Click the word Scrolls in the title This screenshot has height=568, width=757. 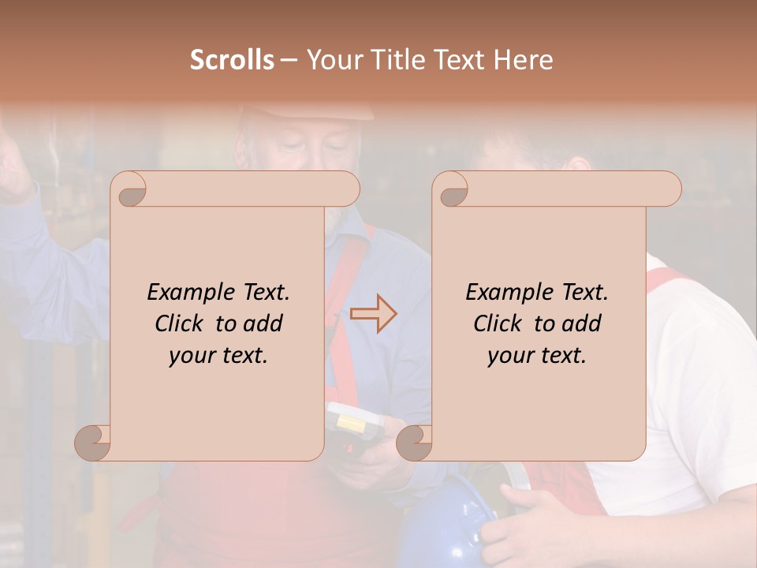pos(232,60)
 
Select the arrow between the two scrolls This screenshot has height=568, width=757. pos(373,315)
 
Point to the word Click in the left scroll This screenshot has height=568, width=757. pos(183,323)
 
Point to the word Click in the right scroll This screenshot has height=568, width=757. pos(502,323)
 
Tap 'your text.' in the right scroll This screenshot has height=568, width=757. pos(537,356)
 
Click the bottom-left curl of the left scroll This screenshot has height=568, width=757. pos(93,443)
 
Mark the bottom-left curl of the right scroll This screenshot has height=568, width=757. pos(414,443)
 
